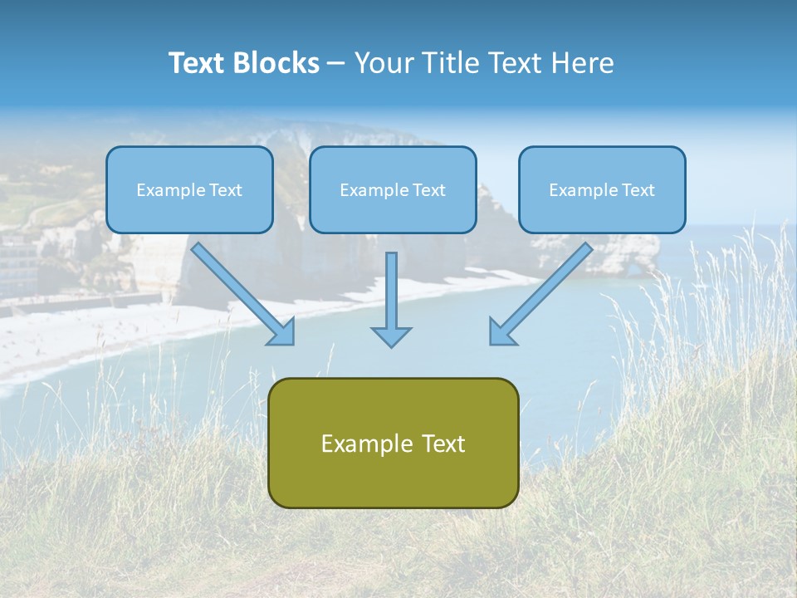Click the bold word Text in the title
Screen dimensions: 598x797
pyautogui.click(x=197, y=63)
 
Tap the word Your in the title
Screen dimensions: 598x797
pyautogui.click(x=384, y=63)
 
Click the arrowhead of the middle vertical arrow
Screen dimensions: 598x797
pyautogui.click(x=391, y=336)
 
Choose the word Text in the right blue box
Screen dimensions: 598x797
pyautogui.click(x=638, y=190)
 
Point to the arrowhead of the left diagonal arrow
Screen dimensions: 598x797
pyautogui.click(x=282, y=332)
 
